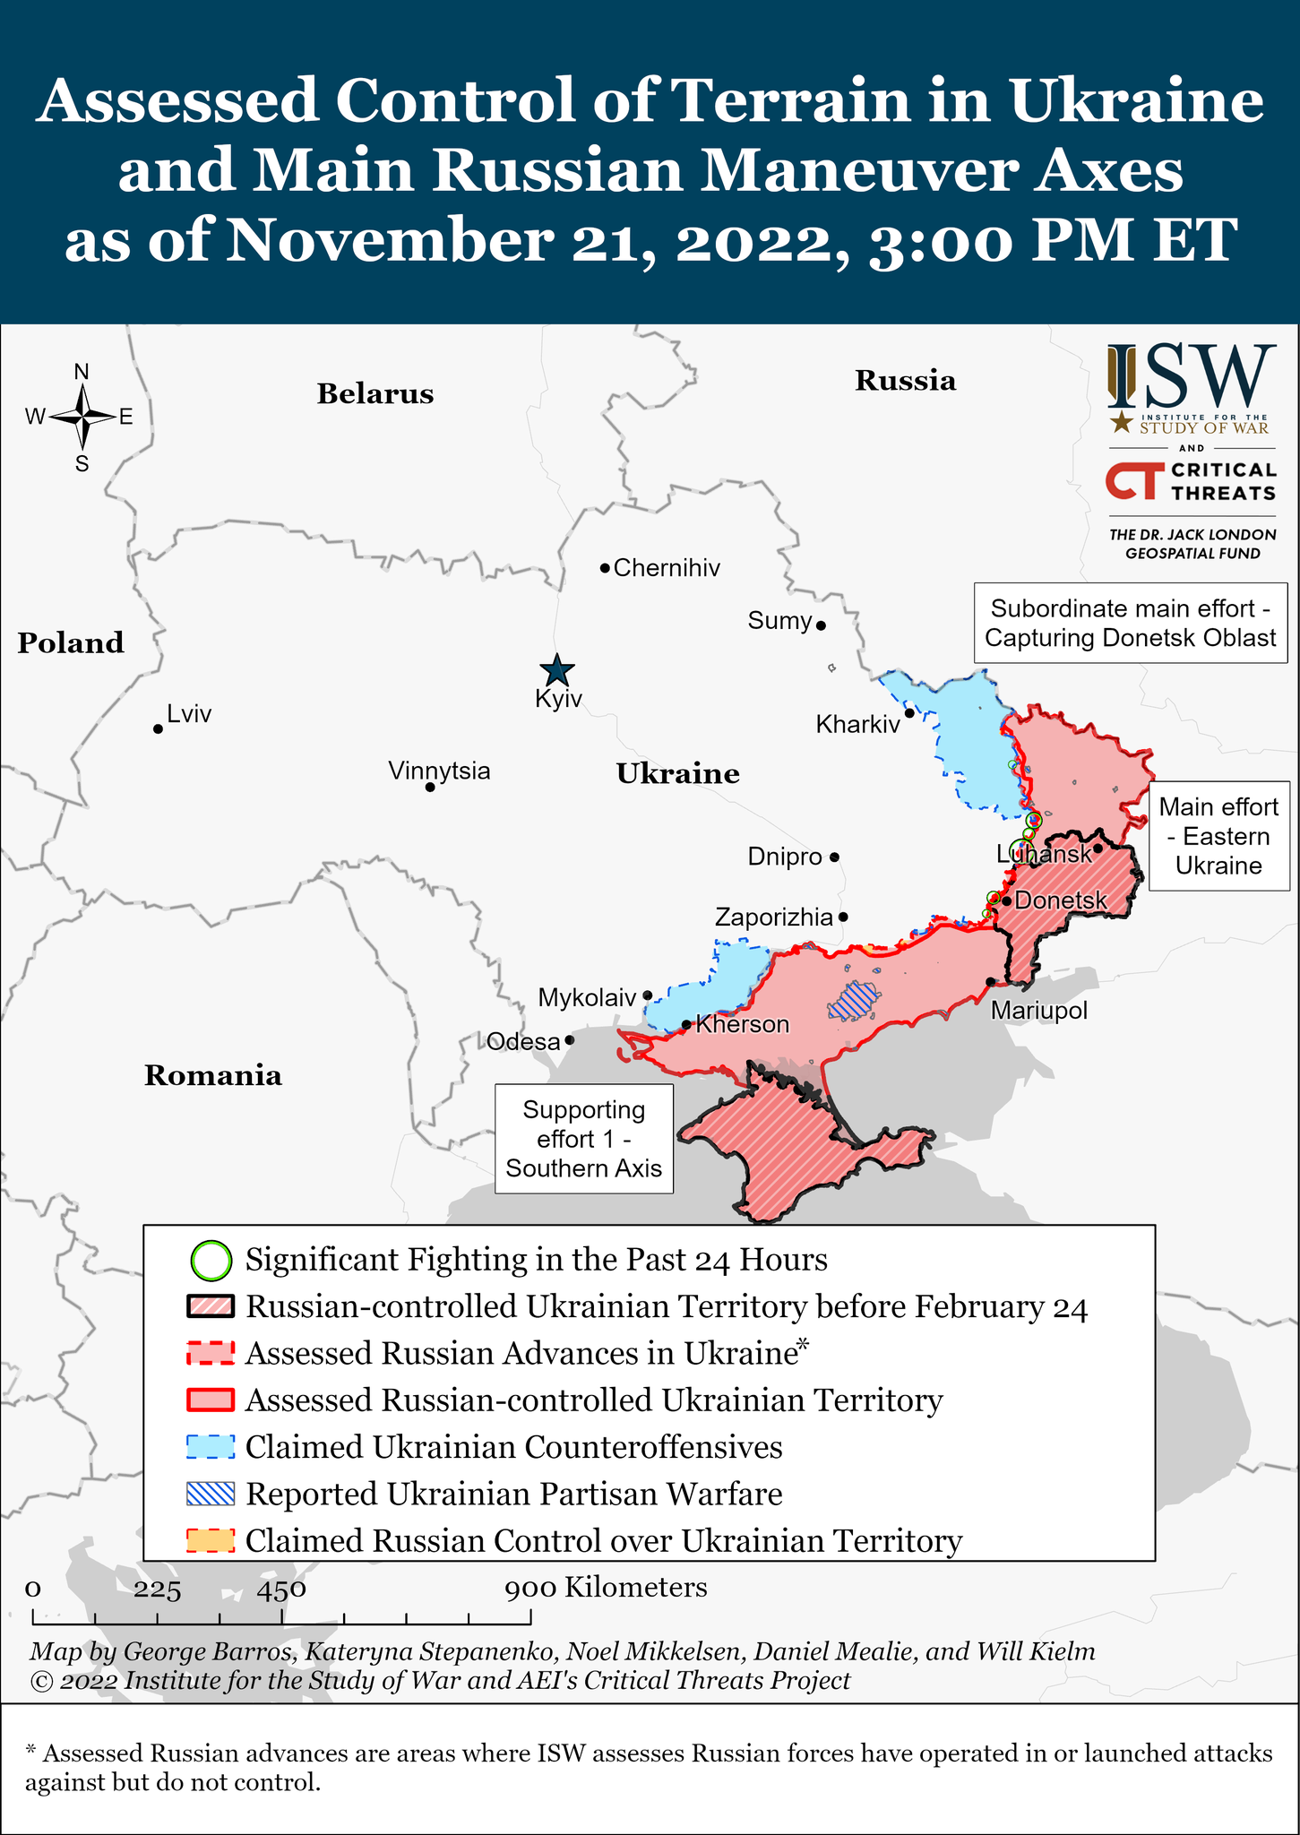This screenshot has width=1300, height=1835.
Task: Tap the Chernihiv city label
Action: tap(667, 568)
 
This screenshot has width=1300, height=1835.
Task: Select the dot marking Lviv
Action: tap(159, 729)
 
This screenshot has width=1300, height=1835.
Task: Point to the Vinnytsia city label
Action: tap(439, 771)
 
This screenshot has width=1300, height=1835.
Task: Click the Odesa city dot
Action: tap(570, 1041)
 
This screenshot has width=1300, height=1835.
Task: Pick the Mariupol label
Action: tap(1038, 1011)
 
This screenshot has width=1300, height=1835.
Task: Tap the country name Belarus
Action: tap(375, 394)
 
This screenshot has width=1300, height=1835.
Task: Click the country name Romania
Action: tap(213, 1075)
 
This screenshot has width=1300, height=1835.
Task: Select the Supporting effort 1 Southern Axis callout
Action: tap(584, 1139)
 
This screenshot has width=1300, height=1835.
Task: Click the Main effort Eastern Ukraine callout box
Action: tap(1218, 836)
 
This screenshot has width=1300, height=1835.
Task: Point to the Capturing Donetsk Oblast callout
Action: tap(1130, 624)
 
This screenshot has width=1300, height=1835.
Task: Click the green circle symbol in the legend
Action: tap(211, 1261)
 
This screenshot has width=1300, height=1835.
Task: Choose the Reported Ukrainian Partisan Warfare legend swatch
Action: tap(211, 1494)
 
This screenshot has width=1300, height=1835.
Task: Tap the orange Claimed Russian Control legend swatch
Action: tap(211, 1541)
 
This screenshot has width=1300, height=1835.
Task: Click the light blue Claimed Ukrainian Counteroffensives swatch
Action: tap(211, 1447)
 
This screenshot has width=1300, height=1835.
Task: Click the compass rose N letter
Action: tap(82, 372)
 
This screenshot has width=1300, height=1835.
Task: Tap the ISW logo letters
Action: tap(1192, 376)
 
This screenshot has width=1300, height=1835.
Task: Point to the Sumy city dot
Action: tap(821, 625)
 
